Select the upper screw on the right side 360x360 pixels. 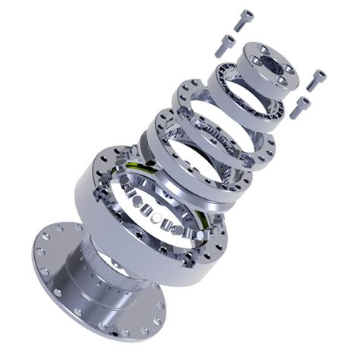tap(316, 78)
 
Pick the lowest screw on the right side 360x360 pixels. tap(301, 106)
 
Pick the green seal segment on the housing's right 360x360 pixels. tap(206, 220)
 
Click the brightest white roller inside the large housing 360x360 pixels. tap(156, 216)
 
